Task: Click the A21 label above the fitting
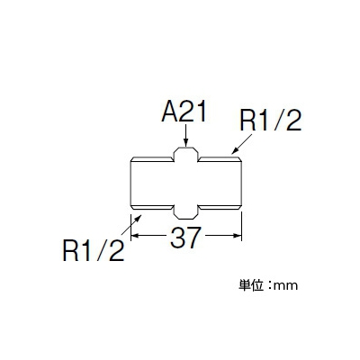pyautogui.click(x=184, y=112)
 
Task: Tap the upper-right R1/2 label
pyautogui.click(x=270, y=121)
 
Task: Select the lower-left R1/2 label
pyautogui.click(x=93, y=251)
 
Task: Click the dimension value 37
pyautogui.click(x=184, y=237)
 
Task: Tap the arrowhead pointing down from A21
pyautogui.click(x=186, y=142)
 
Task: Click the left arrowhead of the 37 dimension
pyautogui.click(x=136, y=236)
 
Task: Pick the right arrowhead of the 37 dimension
pyautogui.click(x=238, y=236)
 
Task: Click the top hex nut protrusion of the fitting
pyautogui.click(x=186, y=154)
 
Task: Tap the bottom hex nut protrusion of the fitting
pyautogui.click(x=186, y=212)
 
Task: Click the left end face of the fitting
pyautogui.click(x=131, y=184)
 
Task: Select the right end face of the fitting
pyautogui.click(x=241, y=184)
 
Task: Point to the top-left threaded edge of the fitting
pyautogui.click(x=153, y=159)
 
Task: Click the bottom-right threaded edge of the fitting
pyautogui.click(x=220, y=207)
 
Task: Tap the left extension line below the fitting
pyautogui.click(x=131, y=227)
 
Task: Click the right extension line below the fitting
pyautogui.click(x=242, y=227)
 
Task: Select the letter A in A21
pyautogui.click(x=170, y=112)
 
